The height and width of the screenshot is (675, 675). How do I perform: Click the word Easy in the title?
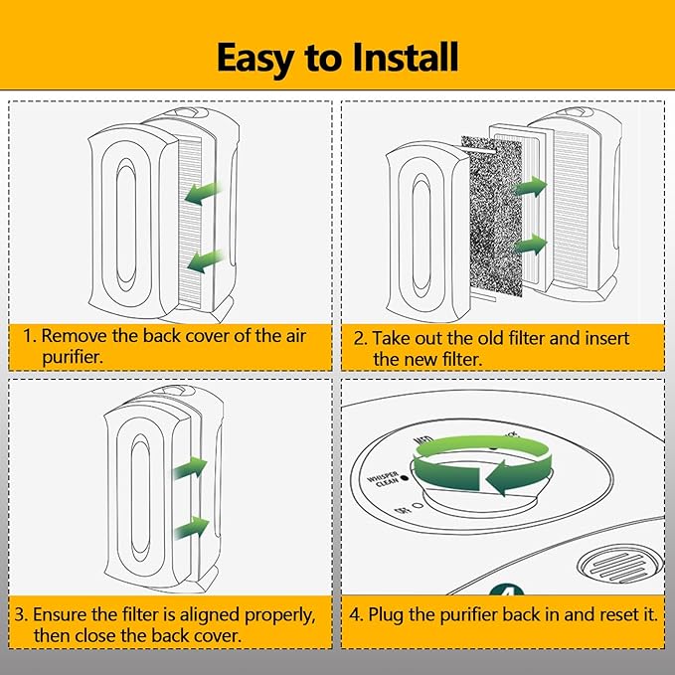tap(260, 58)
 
